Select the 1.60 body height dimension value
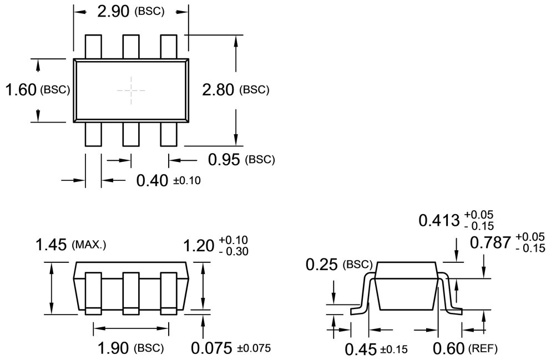pyautogui.click(x=21, y=89)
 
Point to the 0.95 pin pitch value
pyautogui.click(x=225, y=160)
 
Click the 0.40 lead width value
pyautogui.click(x=152, y=181)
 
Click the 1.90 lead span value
pyautogui.click(x=114, y=348)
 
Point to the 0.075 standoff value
pyautogui.click(x=212, y=348)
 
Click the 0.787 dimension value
pyautogui.click(x=491, y=243)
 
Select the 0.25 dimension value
pyautogui.click(x=322, y=265)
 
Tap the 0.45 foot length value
pyautogui.click(x=361, y=349)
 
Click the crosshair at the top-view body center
pyautogui.click(x=131, y=89)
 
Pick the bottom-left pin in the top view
pyautogui.click(x=93, y=134)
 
